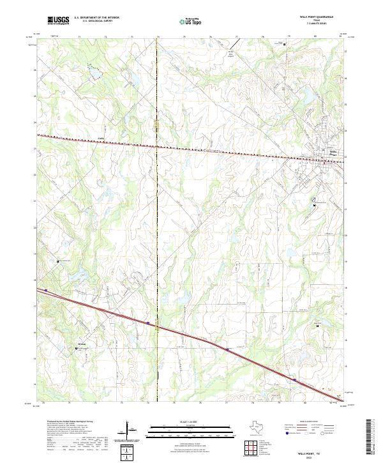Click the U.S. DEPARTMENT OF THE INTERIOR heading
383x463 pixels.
96,18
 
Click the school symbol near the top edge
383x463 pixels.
283,44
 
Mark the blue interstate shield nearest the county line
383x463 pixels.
147,324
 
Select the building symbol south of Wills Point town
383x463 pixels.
313,204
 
